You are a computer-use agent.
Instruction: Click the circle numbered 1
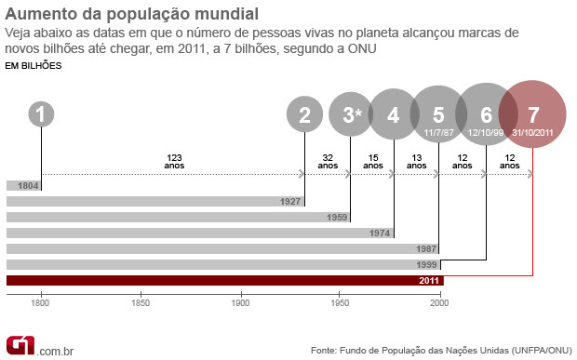click(41, 115)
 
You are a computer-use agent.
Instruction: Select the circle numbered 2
click(304, 115)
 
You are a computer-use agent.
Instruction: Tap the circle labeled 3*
click(351, 115)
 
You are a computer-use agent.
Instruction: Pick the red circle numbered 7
click(532, 115)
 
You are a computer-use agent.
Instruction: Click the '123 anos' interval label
click(174, 160)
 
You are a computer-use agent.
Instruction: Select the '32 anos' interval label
click(327, 160)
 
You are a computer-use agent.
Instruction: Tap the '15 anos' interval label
click(372, 160)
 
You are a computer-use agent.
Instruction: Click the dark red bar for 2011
click(224, 280)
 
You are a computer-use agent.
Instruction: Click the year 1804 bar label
click(28, 186)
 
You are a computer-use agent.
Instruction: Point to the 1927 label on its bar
click(290, 202)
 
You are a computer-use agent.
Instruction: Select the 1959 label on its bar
click(337, 218)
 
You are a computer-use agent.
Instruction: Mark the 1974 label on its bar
click(382, 233)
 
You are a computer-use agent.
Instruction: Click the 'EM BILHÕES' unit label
click(34, 66)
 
